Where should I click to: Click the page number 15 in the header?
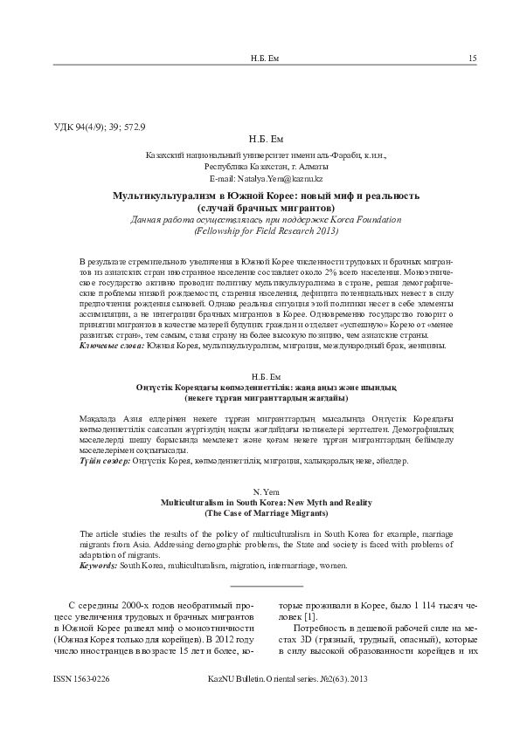[472, 58]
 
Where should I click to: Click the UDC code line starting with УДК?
[100, 127]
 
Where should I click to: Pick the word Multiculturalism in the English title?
[198, 505]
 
